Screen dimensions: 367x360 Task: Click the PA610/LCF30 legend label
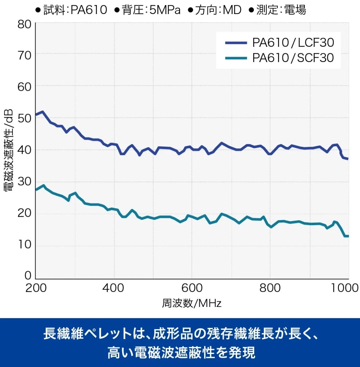(293, 43)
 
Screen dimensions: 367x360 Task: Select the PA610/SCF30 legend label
(293, 58)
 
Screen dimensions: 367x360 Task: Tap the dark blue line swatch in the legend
(236, 43)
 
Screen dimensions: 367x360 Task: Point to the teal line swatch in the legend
(236, 58)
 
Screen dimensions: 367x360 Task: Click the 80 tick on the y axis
(25, 24)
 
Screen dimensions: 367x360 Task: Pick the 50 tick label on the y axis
(25, 118)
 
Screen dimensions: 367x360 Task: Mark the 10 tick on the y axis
(25, 245)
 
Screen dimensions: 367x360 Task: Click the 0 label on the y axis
(28, 275)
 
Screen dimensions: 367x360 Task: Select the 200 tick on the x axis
(36, 288)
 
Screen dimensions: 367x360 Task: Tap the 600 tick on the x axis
(192, 288)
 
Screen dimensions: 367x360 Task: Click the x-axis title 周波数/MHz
(191, 303)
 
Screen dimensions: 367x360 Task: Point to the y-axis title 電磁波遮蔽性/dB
(9, 150)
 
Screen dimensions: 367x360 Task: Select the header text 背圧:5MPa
(151, 10)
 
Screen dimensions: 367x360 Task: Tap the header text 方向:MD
(218, 10)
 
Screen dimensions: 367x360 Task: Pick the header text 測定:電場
(281, 10)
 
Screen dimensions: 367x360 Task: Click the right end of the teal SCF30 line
(348, 236)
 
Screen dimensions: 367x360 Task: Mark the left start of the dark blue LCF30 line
(36, 115)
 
